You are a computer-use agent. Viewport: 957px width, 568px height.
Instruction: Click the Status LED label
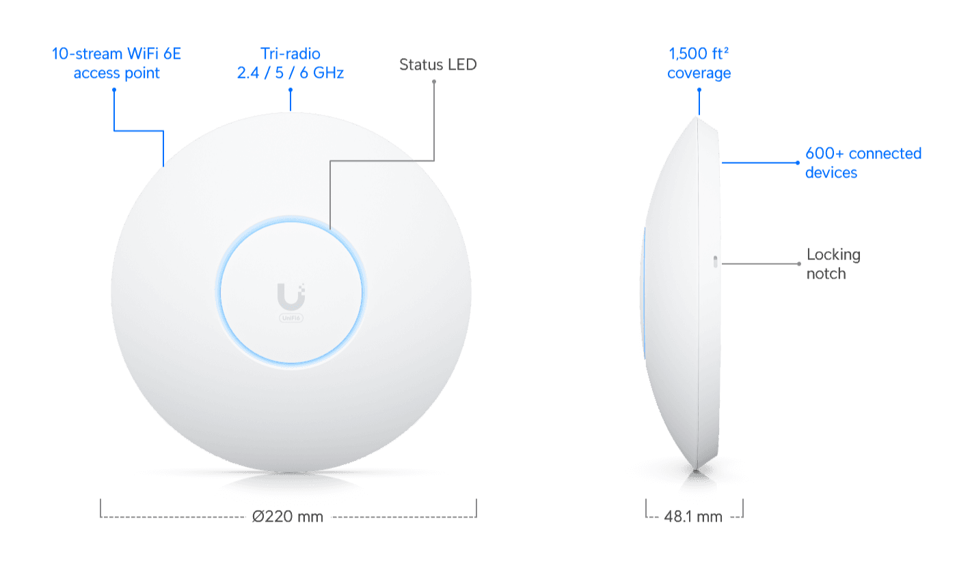437,65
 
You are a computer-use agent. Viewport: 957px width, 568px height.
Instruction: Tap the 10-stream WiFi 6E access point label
116,63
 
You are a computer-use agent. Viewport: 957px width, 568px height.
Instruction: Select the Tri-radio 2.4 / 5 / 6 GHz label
290,63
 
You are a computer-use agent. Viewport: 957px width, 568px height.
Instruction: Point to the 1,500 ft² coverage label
699,63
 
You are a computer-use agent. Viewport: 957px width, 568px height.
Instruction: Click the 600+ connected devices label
863,163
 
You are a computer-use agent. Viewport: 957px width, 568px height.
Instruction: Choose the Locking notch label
833,264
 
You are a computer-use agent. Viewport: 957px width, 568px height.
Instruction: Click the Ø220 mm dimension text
287,517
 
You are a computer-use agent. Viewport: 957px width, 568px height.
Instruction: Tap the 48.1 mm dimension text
693,517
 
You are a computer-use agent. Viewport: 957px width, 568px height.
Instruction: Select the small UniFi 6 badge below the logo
291,317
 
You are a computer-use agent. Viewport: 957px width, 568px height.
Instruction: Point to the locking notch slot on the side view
714,263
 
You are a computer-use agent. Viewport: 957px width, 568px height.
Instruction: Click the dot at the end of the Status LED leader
434,82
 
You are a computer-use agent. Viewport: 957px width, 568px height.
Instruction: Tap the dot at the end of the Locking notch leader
799,263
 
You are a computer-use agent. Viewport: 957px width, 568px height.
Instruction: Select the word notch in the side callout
826,274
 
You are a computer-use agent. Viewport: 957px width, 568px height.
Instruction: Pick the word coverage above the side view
699,73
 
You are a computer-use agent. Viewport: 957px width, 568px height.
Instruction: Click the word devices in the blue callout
831,173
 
